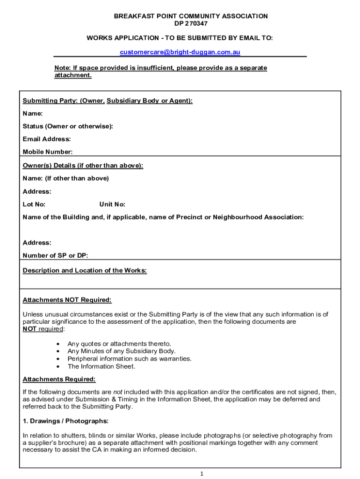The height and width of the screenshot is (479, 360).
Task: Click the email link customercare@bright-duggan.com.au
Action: click(180, 52)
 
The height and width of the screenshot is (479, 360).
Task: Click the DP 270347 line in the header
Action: click(191, 23)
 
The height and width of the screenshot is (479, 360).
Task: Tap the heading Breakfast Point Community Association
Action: click(191, 16)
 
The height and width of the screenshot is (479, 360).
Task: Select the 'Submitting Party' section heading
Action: click(108, 101)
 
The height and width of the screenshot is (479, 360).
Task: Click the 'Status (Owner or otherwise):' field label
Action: click(68, 126)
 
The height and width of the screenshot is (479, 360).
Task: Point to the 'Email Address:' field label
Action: click(47, 139)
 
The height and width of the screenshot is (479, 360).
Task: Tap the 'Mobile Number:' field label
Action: click(48, 152)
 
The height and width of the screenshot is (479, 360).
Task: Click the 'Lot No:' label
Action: click(34, 204)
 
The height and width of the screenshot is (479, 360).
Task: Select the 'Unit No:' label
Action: click(112, 204)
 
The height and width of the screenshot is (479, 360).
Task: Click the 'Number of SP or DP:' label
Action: click(55, 255)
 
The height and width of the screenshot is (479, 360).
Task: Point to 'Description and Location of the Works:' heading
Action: click(85, 270)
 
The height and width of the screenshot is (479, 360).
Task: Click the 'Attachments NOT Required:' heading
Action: click(67, 300)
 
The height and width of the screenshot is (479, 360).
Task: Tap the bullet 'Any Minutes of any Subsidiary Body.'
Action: click(122, 351)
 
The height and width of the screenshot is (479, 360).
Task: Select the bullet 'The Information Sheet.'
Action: click(101, 366)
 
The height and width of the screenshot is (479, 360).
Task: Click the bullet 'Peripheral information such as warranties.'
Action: click(130, 359)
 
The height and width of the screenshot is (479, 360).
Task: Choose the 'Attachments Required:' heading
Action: click(59, 379)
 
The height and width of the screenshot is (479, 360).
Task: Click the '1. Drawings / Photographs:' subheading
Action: click(65, 421)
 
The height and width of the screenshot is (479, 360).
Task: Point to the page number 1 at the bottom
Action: click(202, 473)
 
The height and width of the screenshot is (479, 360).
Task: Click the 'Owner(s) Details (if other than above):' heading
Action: click(83, 166)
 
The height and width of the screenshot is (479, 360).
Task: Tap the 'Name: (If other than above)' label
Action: click(65, 178)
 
